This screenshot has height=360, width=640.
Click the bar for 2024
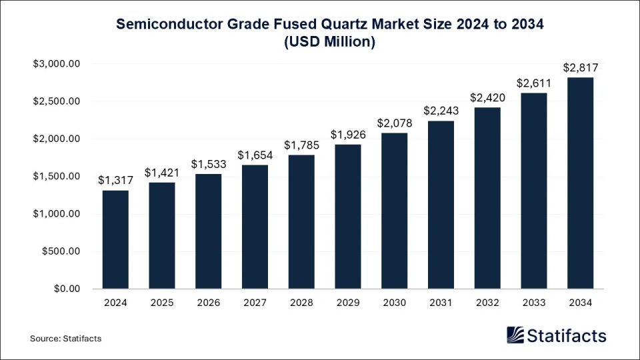pos(115,239)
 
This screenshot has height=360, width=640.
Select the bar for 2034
pos(580,183)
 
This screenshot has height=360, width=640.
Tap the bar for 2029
pos(347,217)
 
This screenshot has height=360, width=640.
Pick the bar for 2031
pos(441,205)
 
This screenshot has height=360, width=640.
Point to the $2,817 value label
pos(580,67)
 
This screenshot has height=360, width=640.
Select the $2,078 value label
pos(394,123)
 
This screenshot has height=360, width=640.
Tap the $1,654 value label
pos(255,155)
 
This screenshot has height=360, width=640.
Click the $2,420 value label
pos(487,97)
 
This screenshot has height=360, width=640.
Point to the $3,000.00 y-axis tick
pos(57,64)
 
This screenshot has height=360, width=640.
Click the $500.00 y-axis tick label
pos(61,251)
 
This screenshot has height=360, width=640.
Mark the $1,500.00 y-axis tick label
pos(57,177)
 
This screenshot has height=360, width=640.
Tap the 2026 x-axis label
pos(208,302)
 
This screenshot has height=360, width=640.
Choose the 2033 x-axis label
pos(533,302)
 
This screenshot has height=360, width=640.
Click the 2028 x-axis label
pos(301,302)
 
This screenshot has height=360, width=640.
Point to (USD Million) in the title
pos(329,41)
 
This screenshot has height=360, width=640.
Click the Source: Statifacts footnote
pos(66,339)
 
